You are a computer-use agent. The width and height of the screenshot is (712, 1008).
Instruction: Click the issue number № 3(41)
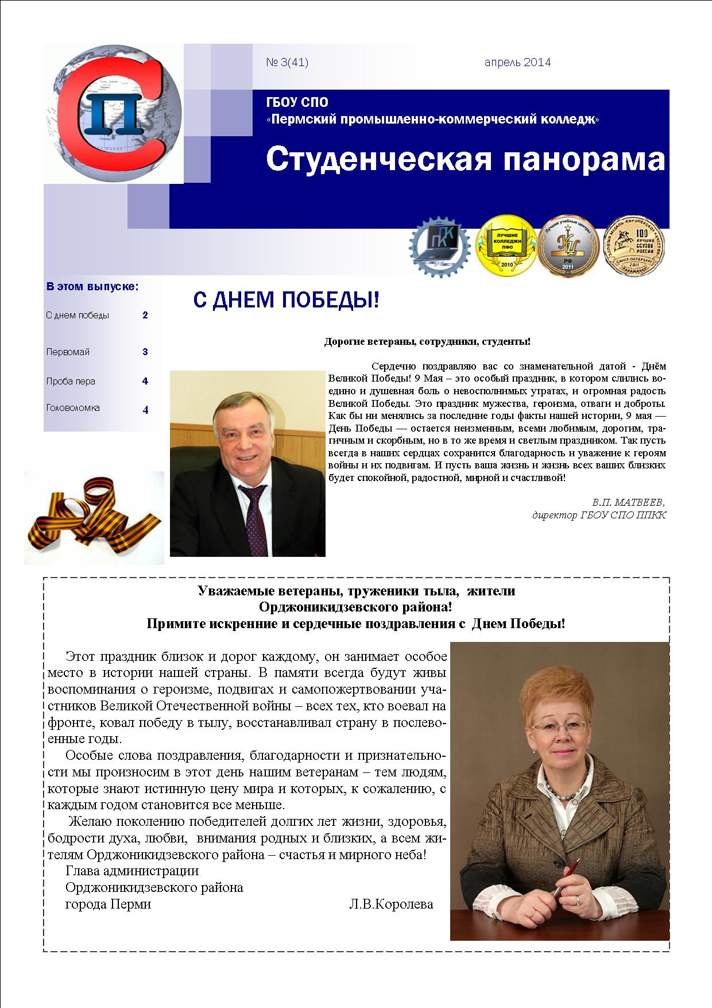point(287,63)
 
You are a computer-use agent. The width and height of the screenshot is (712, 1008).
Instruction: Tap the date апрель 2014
point(517,63)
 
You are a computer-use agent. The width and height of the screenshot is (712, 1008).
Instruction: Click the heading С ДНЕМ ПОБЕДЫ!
point(285,300)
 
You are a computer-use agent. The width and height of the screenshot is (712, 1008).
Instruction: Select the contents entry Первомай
point(68,352)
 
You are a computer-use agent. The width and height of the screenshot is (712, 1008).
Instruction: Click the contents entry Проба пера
point(71,382)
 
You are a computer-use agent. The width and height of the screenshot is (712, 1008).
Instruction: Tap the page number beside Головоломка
point(145,410)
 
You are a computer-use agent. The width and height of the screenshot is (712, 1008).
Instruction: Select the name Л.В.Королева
point(390,904)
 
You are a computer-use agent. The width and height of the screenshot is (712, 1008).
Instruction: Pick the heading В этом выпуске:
point(92,286)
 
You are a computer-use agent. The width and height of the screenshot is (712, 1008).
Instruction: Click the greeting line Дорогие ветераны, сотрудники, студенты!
point(427,342)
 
